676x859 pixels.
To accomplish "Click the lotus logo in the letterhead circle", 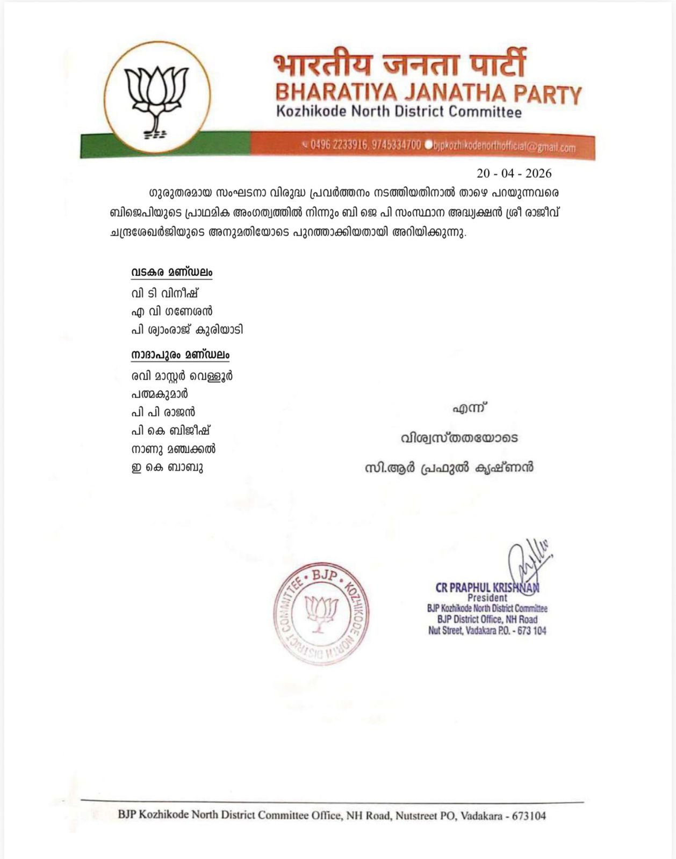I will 156,97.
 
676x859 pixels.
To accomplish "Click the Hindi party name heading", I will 399,65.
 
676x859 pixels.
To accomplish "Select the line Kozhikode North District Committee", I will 398,112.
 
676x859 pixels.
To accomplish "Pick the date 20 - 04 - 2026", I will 514,173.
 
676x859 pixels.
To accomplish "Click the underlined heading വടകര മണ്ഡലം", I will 171,272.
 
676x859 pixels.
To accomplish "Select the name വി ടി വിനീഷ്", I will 165,293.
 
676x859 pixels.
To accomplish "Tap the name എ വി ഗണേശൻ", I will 172,311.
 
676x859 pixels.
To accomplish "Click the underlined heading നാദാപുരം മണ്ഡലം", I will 180,355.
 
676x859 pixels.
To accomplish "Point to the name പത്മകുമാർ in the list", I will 160,394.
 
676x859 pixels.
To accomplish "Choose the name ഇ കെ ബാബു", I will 167,467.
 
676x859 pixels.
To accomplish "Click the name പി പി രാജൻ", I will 163,412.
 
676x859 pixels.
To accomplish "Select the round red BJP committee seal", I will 321,614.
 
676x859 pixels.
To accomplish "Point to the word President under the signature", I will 487,598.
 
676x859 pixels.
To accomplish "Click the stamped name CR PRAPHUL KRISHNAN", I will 487,588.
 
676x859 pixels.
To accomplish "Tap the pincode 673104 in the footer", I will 529,816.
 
